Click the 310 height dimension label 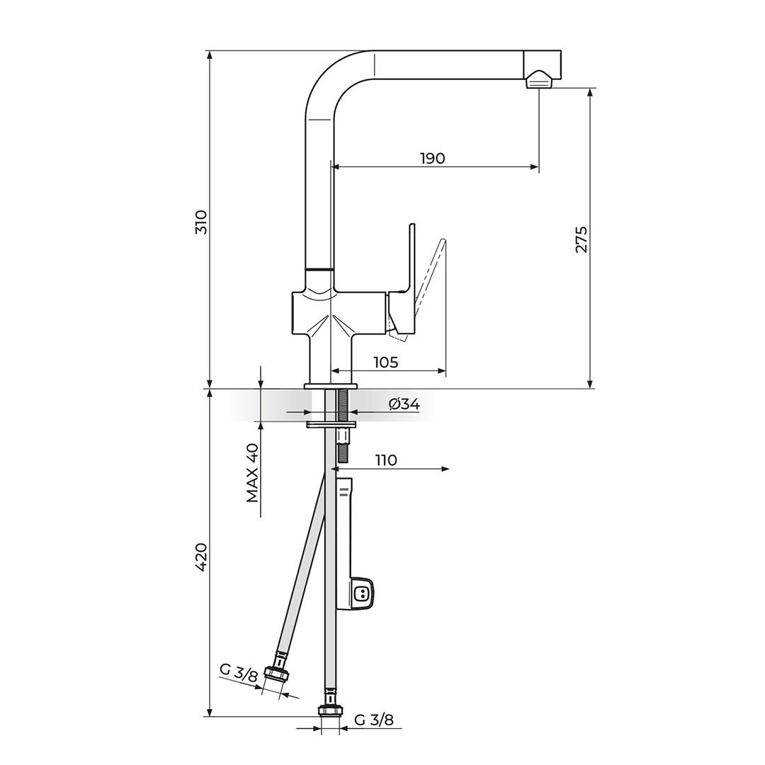tap(201, 222)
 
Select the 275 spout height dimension tap(581, 239)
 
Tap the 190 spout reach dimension tap(432, 158)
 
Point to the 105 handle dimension tap(385, 362)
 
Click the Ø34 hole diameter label tap(404, 404)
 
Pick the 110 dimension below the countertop tap(385, 460)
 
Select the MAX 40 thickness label tap(252, 473)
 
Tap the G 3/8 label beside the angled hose tap(239, 673)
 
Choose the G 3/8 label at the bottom tap(373, 720)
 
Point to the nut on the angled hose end tap(276, 674)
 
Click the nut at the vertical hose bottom tap(330, 710)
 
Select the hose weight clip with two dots tap(361, 594)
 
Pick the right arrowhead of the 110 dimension tap(446, 469)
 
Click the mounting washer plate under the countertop tap(330, 425)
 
